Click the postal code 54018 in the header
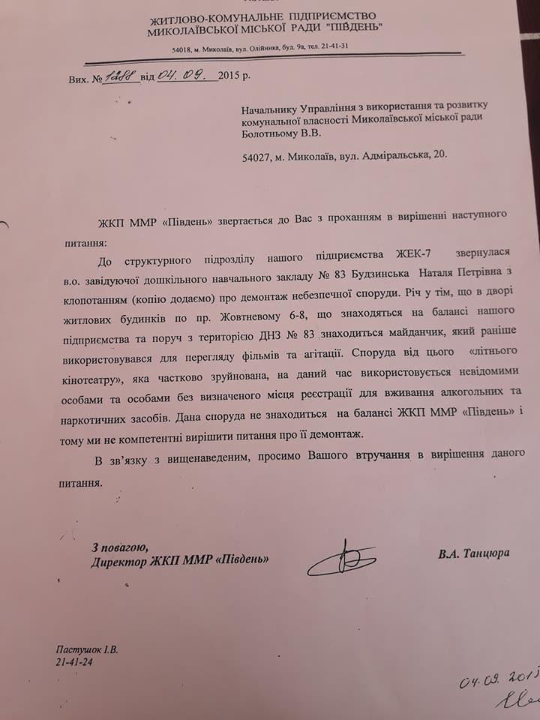click(181, 47)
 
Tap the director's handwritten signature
click(341, 559)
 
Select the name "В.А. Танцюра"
click(474, 553)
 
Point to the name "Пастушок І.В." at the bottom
click(87, 650)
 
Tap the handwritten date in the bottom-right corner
click(498, 677)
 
